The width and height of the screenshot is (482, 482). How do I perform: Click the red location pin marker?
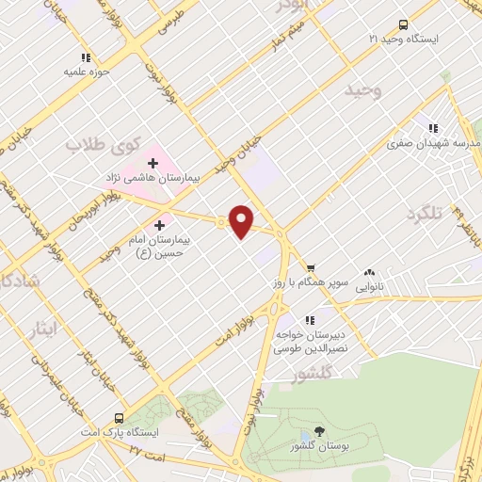pos(242,219)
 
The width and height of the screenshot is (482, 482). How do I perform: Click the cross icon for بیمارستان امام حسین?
pos(159,225)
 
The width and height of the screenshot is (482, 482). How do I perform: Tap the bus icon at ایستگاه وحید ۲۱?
pos(404,25)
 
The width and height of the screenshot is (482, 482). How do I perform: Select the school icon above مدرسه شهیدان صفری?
pos(433,128)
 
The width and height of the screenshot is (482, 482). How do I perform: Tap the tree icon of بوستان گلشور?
pos(319,430)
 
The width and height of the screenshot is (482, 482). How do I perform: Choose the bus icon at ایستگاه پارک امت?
pos(119,417)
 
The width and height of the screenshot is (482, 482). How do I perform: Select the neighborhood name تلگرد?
pos(425,215)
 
